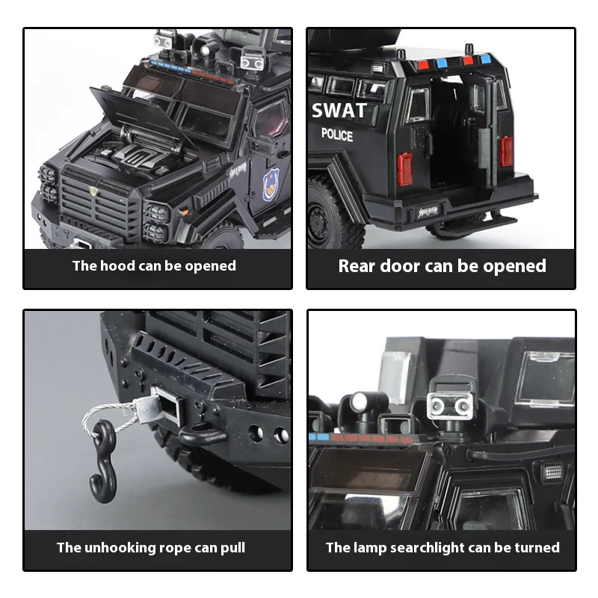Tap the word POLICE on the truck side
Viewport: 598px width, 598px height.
(x=337, y=135)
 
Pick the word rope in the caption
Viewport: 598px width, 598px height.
(x=171, y=548)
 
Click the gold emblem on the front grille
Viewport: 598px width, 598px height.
(x=93, y=191)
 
